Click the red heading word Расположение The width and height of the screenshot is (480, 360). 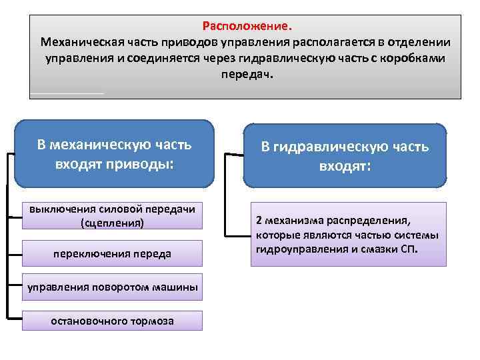(247, 27)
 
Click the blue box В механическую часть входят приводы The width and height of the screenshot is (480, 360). (114, 153)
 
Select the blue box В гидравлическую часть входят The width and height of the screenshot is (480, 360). (345, 155)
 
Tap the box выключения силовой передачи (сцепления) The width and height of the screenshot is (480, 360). (112, 215)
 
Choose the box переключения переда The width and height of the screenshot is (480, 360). (112, 253)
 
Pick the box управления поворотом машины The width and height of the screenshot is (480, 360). (112, 287)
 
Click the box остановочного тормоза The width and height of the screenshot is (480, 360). (112, 321)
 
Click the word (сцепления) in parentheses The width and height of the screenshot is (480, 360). (112, 223)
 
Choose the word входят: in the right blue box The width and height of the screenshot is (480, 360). (345, 165)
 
